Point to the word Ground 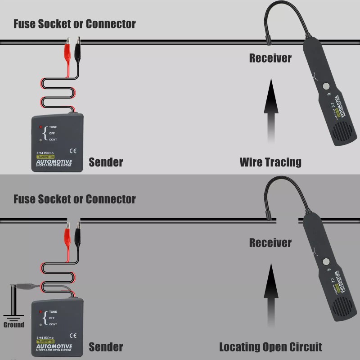(x=14, y=324)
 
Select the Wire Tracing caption (x=270, y=162)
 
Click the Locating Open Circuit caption (x=270, y=347)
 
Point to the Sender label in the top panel (x=106, y=162)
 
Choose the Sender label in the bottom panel (x=106, y=347)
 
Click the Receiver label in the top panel (x=270, y=58)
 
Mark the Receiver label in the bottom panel (x=270, y=243)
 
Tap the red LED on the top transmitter (x=40, y=127)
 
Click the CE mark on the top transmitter (x=73, y=150)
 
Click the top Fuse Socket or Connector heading (x=75, y=24)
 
